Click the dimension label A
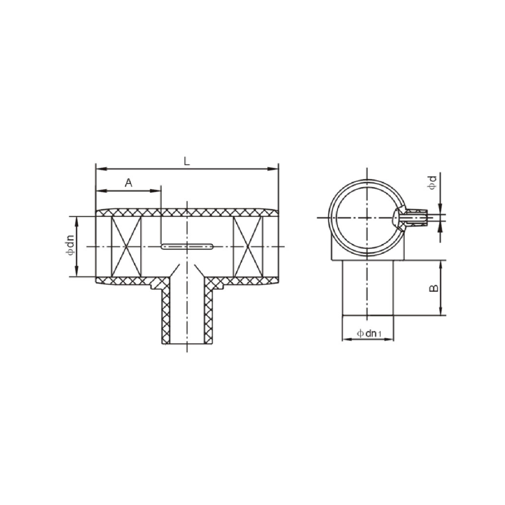128,183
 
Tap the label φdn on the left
70,246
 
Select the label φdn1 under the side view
369,333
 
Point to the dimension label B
433,288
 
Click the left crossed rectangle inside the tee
126,246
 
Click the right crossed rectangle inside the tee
248,246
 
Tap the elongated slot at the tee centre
187,246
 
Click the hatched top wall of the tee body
187,212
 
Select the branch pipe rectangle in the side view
367,288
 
